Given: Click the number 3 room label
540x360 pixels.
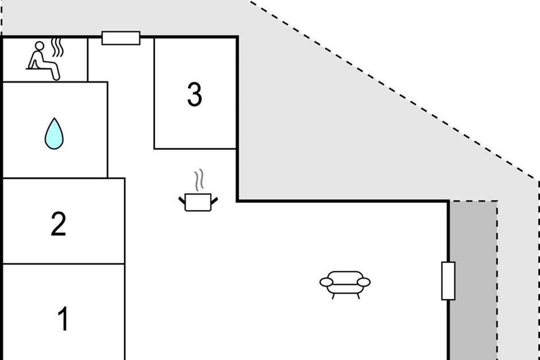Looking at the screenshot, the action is [194, 94].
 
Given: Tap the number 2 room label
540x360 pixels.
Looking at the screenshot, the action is [58, 224].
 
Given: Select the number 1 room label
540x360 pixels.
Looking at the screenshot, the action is [63, 319].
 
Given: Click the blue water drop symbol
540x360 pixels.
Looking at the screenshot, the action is [54, 133].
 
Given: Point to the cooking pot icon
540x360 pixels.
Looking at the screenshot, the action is [198, 202].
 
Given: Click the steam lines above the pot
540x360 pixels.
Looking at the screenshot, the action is [199, 180].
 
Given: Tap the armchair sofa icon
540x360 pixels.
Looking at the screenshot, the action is [345, 285].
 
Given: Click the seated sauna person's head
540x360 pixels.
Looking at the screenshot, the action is [40, 45].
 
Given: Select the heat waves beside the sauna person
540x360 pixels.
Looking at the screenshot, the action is [58, 48].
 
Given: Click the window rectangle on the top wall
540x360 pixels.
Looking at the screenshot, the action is [121, 38].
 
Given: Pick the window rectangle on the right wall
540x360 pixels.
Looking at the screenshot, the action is [448, 281].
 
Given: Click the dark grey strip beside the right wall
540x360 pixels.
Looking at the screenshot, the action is [473, 280].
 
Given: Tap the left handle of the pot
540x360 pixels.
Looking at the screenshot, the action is [182, 200].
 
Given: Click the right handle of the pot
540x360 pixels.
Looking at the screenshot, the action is [214, 200].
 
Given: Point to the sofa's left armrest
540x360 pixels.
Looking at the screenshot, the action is [326, 282].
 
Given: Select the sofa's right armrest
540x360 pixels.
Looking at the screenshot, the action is [364, 282].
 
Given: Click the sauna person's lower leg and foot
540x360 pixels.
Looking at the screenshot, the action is [55, 71].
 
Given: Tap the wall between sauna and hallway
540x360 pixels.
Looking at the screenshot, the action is [87, 59].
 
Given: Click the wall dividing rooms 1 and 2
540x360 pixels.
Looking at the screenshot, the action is [63, 264].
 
